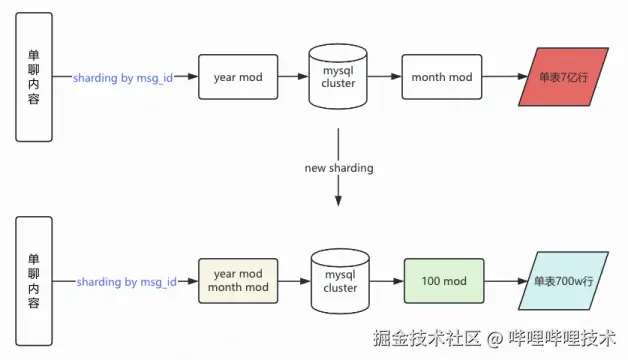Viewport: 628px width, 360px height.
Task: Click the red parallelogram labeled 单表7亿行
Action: coord(564,78)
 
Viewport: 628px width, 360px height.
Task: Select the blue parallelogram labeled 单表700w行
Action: coord(564,282)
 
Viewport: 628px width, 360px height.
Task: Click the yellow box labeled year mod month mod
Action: coord(237,282)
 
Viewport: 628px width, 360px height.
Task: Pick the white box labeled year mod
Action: coord(237,77)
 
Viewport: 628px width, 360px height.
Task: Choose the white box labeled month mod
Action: coord(442,77)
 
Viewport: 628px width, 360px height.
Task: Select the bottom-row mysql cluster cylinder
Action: coord(339,282)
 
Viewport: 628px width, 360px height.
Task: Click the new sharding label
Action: coord(339,168)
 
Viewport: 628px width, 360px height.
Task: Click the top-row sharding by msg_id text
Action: coord(122,78)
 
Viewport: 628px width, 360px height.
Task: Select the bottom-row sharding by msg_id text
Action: coord(126,283)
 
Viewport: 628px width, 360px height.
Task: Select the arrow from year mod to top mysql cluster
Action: coord(293,78)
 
